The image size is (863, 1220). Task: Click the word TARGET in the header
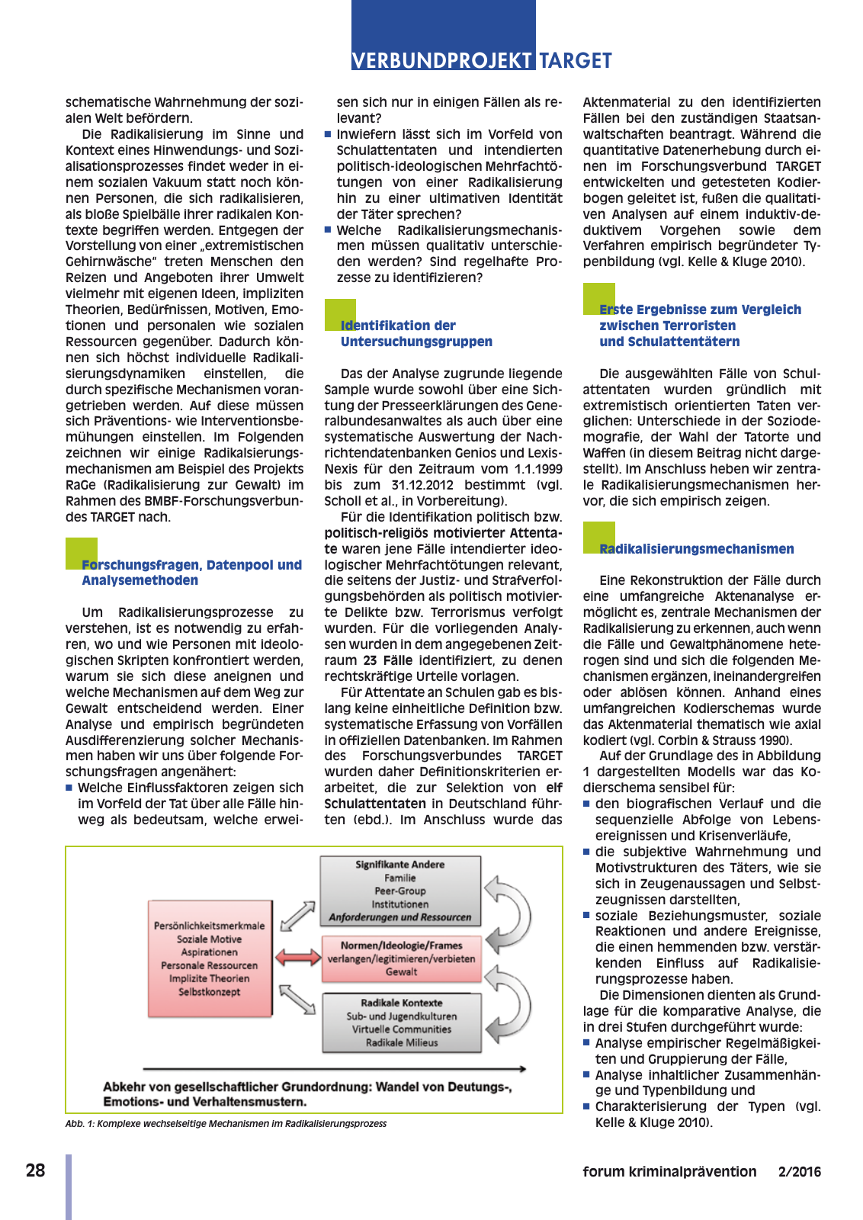pyautogui.click(x=576, y=60)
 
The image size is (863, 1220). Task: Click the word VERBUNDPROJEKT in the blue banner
pyautogui.click(x=442, y=60)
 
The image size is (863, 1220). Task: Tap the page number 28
pyautogui.click(x=35, y=1170)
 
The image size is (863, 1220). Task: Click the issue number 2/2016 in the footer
pyautogui.click(x=799, y=1172)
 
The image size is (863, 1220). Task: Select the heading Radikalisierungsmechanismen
pyautogui.click(x=696, y=549)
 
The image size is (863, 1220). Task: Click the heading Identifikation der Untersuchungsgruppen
pyautogui.click(x=416, y=334)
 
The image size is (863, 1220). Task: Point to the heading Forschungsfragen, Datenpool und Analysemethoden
pyautogui.click(x=191, y=573)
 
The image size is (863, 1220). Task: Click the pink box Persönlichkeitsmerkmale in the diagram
pyautogui.click(x=210, y=958)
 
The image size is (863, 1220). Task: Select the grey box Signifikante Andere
pyautogui.click(x=400, y=890)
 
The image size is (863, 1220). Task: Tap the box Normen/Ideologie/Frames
pyautogui.click(x=402, y=958)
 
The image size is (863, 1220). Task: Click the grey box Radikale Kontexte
pyautogui.click(x=402, y=1023)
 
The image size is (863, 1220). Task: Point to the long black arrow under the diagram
pyautogui.click(x=334, y=1069)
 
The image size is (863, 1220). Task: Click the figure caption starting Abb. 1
pyautogui.click(x=226, y=1123)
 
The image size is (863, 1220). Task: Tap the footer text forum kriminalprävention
pyautogui.click(x=669, y=1172)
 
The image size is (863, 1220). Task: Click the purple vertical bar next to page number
pyautogui.click(x=69, y=1186)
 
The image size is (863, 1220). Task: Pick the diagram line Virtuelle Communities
pyautogui.click(x=402, y=1029)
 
